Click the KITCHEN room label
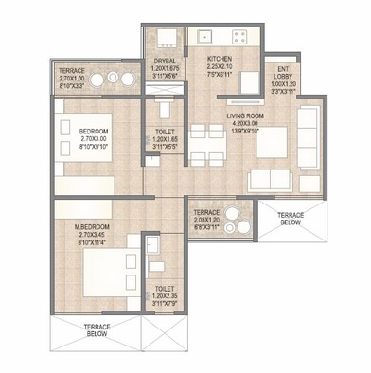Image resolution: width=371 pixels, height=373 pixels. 220,58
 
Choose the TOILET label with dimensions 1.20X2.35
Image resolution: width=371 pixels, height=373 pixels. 165,288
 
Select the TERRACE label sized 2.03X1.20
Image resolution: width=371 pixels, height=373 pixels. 206,213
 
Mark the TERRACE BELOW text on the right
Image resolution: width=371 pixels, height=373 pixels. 291,218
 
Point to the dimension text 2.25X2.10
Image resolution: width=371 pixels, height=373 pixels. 220,67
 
